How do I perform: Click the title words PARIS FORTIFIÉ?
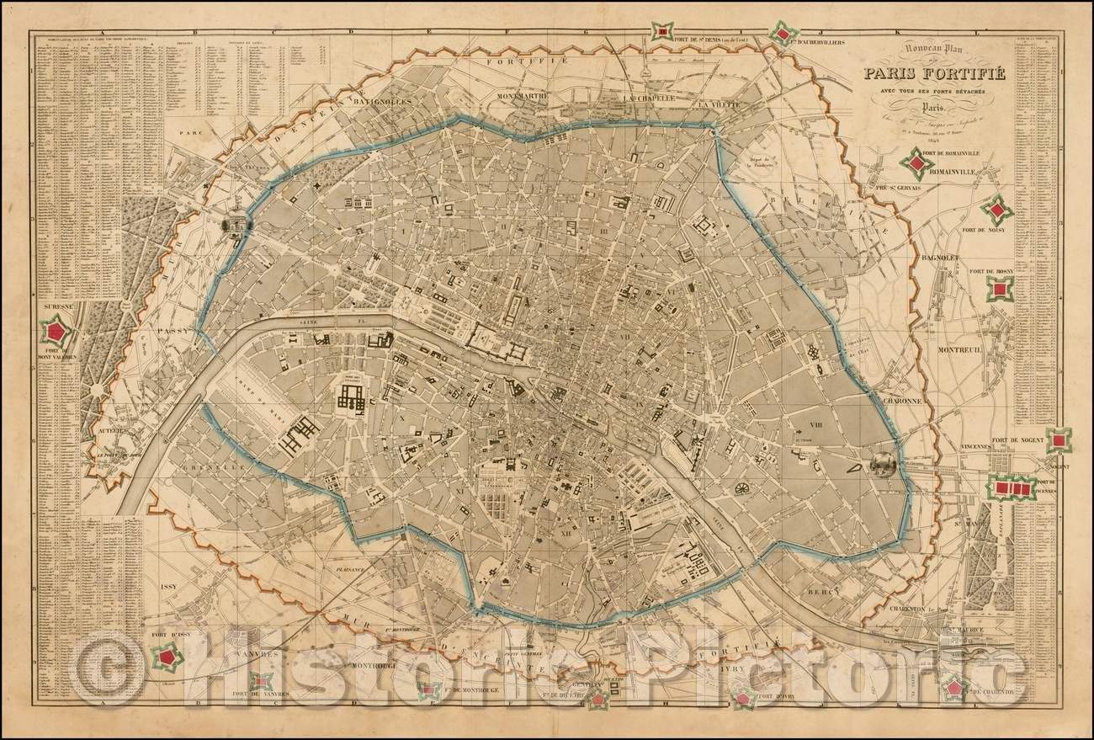click(x=922, y=73)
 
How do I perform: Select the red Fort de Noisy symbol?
click(x=997, y=210)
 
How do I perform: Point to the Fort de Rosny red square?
click(x=999, y=290)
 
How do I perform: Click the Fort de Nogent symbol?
click(x=1059, y=439)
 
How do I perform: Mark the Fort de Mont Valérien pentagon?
click(x=57, y=329)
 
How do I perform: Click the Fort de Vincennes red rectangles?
click(x=1012, y=487)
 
